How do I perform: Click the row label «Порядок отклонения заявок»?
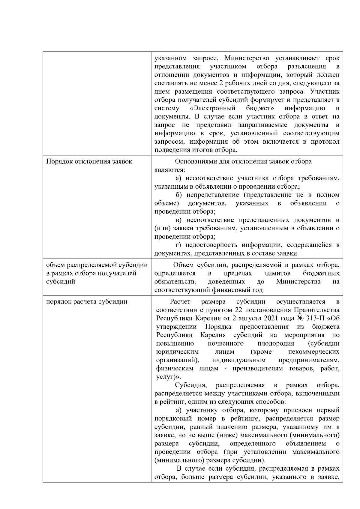(x=89, y=162)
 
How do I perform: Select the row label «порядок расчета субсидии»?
(x=87, y=302)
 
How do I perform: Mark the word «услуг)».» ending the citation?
(x=166, y=377)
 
